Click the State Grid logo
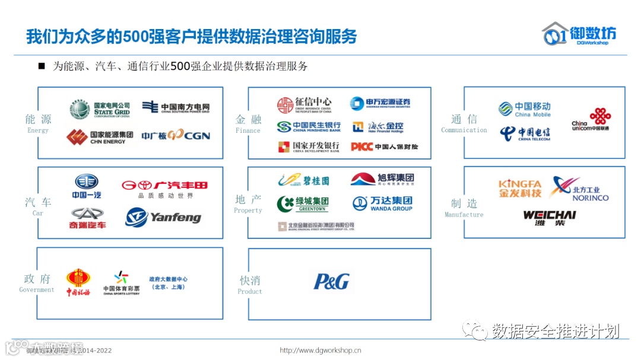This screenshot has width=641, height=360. (x=100, y=110)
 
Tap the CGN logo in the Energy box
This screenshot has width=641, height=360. (x=176, y=136)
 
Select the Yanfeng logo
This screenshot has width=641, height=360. (x=163, y=218)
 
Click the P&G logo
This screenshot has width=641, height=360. (x=332, y=281)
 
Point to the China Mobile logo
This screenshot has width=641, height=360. (x=525, y=109)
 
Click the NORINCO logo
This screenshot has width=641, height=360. (x=579, y=189)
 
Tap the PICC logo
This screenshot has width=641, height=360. (x=384, y=146)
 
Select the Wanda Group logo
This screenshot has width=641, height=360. (x=382, y=203)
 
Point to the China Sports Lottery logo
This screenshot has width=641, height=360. (x=121, y=283)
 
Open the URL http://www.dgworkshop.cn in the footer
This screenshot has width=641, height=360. (x=320, y=351)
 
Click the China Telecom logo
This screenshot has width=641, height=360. (x=525, y=133)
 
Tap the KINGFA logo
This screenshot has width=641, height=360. (x=520, y=189)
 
